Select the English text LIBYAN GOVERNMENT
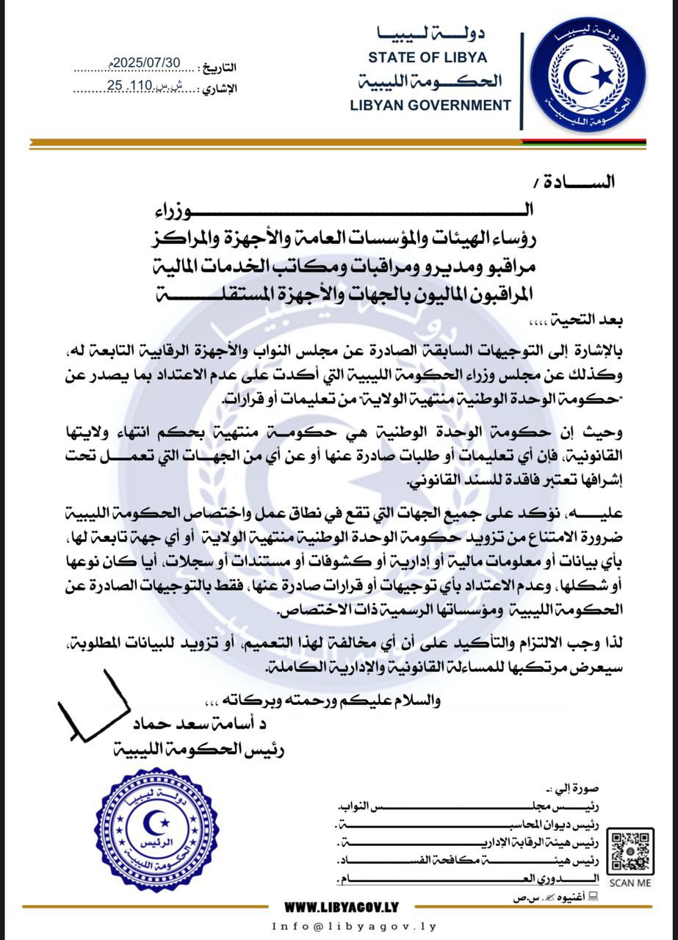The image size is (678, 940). [430, 105]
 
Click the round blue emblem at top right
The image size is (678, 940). [588, 75]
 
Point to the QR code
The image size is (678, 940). [631, 850]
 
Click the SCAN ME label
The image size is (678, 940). [630, 883]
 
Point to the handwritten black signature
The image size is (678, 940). [91, 707]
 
